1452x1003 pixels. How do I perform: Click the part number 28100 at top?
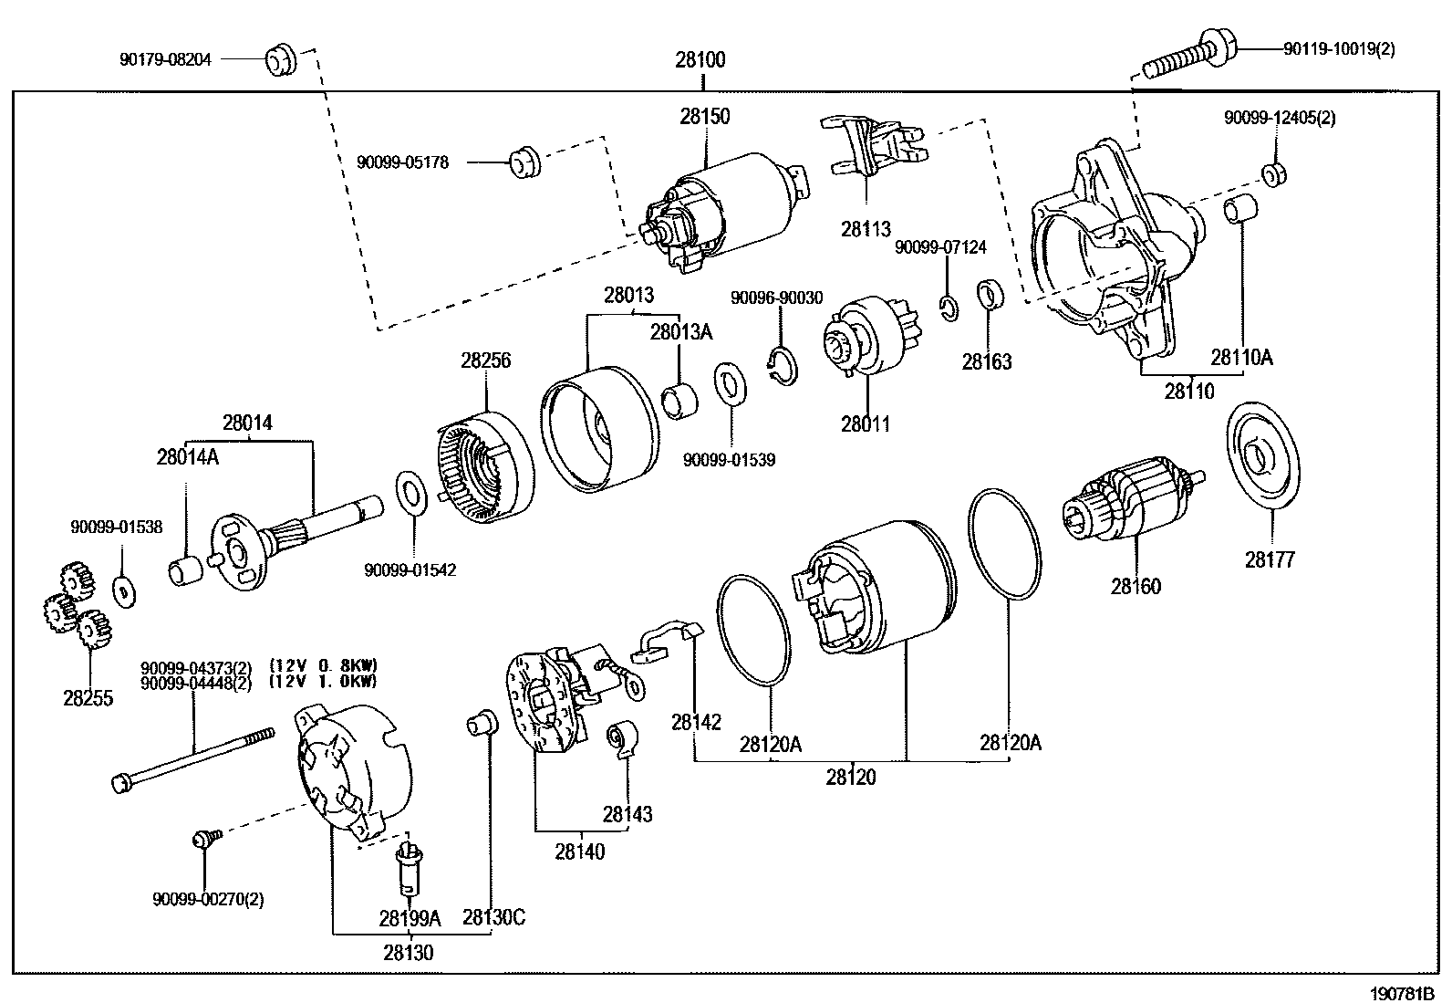(x=700, y=60)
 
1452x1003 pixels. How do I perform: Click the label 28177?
(x=1270, y=559)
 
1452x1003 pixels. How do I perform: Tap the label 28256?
(x=485, y=360)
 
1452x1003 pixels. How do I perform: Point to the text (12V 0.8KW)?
(x=324, y=664)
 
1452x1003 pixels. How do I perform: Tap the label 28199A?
(x=410, y=917)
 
